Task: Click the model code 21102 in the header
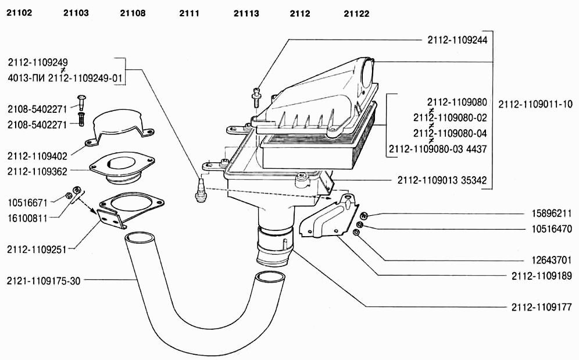(19, 13)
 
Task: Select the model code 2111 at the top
(189, 13)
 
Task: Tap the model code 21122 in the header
(356, 14)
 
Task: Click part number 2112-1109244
(457, 40)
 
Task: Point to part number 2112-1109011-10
(535, 104)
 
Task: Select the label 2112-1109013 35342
(442, 180)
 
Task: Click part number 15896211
(552, 213)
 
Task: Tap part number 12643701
(552, 260)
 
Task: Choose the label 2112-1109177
(542, 306)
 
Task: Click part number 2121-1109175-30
(44, 281)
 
